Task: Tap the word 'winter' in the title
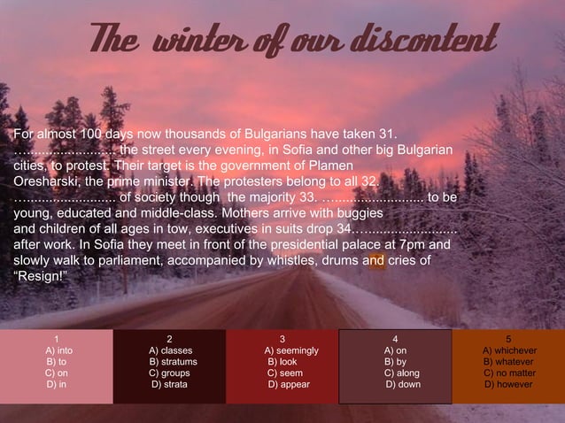pos(197,39)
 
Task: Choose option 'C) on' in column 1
pos(57,373)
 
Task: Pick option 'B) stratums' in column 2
pos(173,362)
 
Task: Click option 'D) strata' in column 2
pos(169,385)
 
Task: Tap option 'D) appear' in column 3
pos(282,385)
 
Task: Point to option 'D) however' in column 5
pos(507,385)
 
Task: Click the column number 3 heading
pos(282,339)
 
